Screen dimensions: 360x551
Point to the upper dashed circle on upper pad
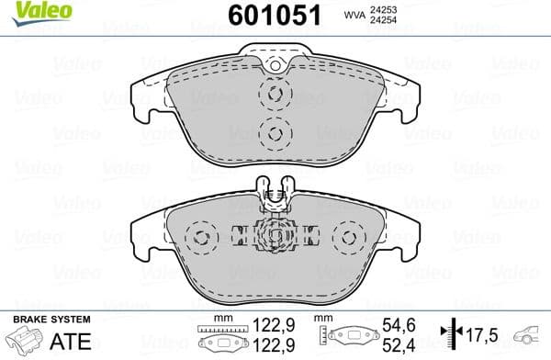(x=274, y=95)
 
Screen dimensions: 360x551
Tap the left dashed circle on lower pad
(x=198, y=239)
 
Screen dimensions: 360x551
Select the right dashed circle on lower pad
(x=349, y=239)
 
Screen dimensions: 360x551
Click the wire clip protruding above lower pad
(x=274, y=189)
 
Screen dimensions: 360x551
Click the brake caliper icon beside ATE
(x=22, y=341)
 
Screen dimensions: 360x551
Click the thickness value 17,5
(x=479, y=334)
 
